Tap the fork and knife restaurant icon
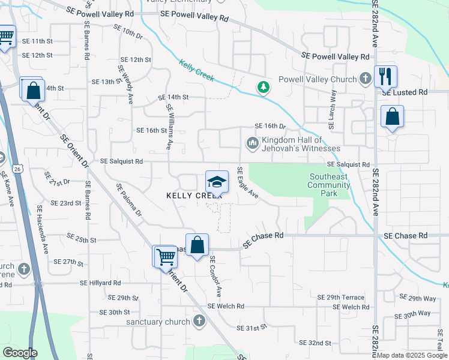(x=385, y=76)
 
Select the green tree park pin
(x=263, y=88)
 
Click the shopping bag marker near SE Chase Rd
(x=197, y=245)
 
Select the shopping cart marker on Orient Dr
(x=165, y=257)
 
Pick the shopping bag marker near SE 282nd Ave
(x=392, y=116)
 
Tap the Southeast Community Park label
(x=329, y=185)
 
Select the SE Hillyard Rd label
(x=101, y=283)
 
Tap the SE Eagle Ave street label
(x=247, y=183)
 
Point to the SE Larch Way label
(x=331, y=110)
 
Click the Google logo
(x=20, y=353)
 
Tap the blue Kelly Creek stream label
(x=197, y=70)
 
